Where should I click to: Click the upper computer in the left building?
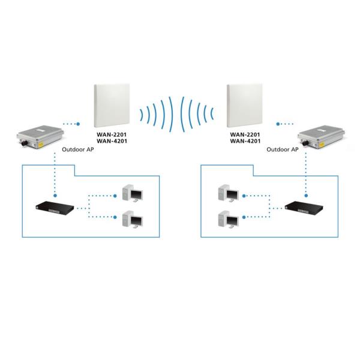click(x=131, y=193)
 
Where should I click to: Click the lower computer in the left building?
click(x=131, y=220)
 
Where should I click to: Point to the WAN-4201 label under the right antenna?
click(x=245, y=142)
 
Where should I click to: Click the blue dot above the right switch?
click(x=306, y=195)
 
